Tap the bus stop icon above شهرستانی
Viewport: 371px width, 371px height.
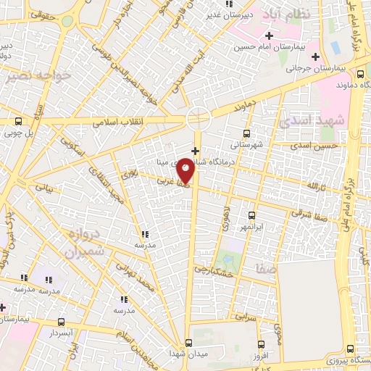pyautogui.click(x=247, y=133)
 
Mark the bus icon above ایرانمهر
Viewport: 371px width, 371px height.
pyautogui.click(x=251, y=215)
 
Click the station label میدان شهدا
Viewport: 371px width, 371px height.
pyautogui.click(x=190, y=354)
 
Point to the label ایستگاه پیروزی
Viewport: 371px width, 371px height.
pyautogui.click(x=348, y=360)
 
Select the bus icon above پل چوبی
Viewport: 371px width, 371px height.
pyautogui.click(x=18, y=122)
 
